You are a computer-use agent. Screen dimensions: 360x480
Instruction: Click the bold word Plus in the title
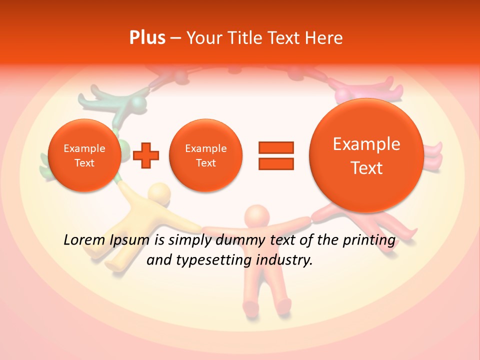tap(147, 38)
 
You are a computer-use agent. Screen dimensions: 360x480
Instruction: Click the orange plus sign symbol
tap(146, 155)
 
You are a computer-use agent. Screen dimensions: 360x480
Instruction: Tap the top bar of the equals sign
tap(276, 147)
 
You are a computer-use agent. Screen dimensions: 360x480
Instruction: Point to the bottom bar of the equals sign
tap(276, 163)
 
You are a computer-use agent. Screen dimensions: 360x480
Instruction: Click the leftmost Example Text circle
tap(84, 155)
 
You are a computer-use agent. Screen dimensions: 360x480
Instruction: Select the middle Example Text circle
tap(205, 155)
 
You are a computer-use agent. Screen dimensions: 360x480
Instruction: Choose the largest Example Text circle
tap(366, 155)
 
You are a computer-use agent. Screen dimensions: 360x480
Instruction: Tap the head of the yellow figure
tap(159, 192)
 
